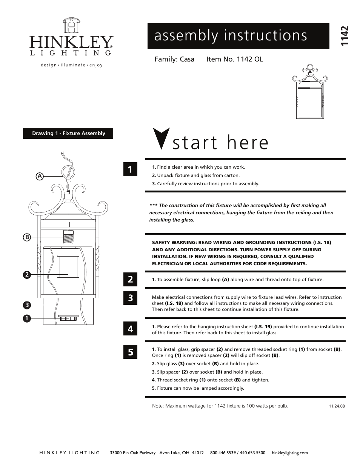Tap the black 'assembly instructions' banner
(x=238, y=36)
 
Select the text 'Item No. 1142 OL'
(x=235, y=59)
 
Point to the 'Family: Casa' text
(x=174, y=59)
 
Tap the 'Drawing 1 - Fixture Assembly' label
(x=68, y=134)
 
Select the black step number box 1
(x=130, y=169)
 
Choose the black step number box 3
(x=130, y=298)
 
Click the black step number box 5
(x=130, y=352)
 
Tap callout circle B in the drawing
(x=26, y=237)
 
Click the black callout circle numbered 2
(x=26, y=274)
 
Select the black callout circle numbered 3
(x=26, y=305)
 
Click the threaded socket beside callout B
(x=68, y=237)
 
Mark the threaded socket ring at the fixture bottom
(x=68, y=318)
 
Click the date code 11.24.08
(x=337, y=406)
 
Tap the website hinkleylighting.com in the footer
(x=289, y=453)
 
